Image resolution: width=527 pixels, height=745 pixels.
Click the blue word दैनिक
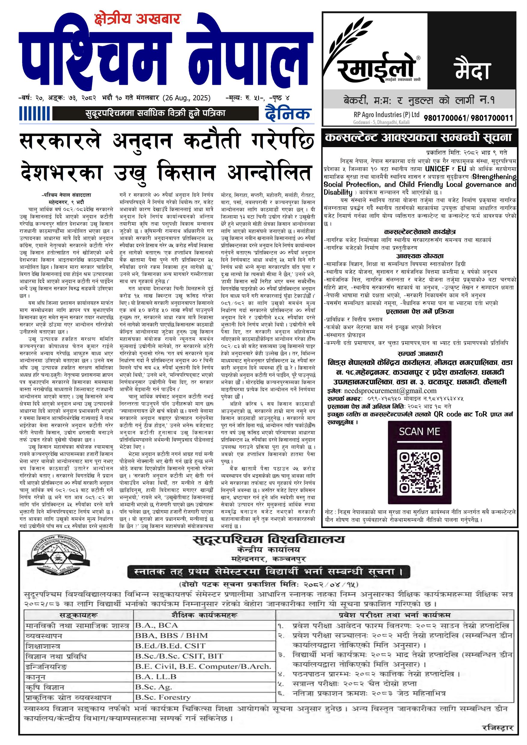point(288,114)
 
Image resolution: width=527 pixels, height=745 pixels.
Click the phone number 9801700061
point(445,118)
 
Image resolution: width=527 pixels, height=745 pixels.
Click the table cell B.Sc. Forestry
point(163,697)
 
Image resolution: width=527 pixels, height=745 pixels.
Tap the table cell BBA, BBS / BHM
point(171,636)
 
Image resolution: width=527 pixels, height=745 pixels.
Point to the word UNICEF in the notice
point(437,169)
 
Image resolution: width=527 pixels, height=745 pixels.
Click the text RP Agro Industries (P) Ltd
point(386,114)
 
